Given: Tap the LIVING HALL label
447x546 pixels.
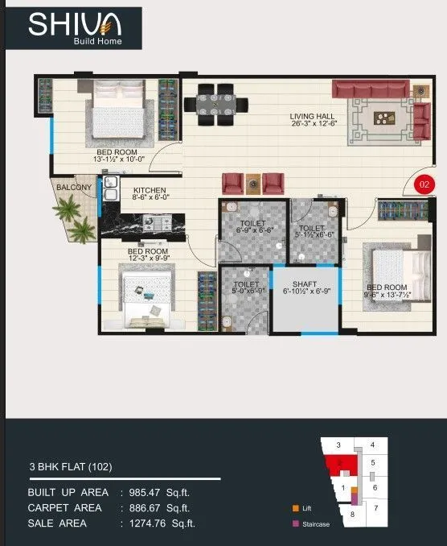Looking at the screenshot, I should pyautogui.click(x=313, y=117).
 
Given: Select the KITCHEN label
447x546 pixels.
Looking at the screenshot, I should pyautogui.click(x=150, y=190).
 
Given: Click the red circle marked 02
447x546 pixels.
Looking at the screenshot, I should pyautogui.click(x=424, y=184).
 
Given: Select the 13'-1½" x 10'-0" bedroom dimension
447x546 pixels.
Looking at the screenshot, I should pyautogui.click(x=117, y=159).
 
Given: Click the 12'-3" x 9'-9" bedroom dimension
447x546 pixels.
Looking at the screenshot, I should pyautogui.click(x=149, y=259).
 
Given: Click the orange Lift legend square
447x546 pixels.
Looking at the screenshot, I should pyautogui.click(x=296, y=508).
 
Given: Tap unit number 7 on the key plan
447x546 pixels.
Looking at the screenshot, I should pyautogui.click(x=375, y=509).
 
